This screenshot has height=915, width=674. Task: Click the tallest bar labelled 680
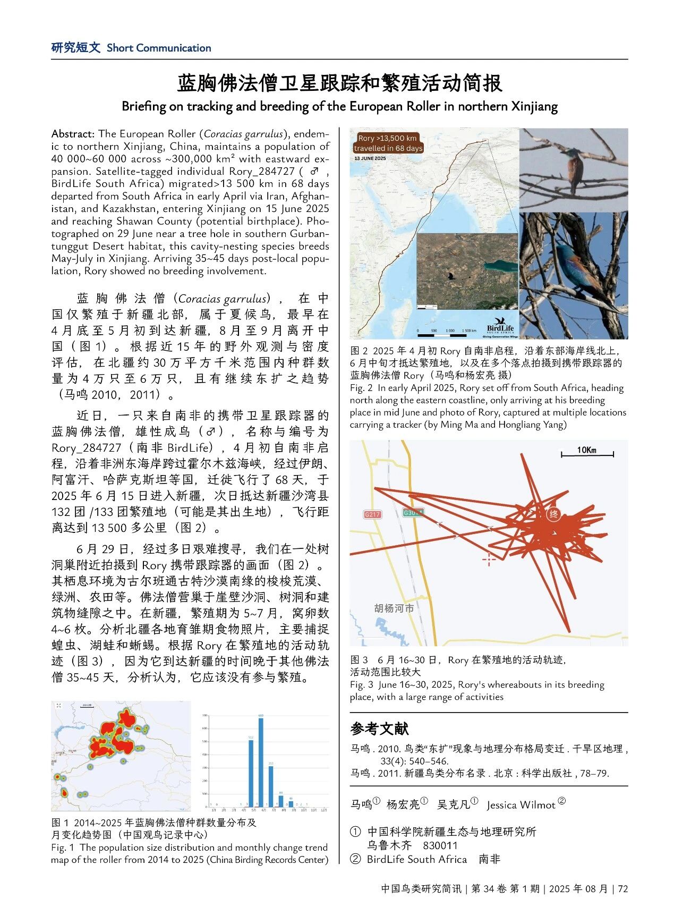(261, 761)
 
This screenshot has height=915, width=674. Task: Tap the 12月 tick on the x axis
(324, 810)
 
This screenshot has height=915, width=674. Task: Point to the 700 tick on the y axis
(205, 716)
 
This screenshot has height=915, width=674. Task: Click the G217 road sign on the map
(372, 514)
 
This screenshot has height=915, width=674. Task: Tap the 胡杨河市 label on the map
(394, 608)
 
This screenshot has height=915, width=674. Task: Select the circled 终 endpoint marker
(553, 514)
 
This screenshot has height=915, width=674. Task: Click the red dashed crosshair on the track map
(489, 558)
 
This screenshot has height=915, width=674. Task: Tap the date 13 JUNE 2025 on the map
(370, 158)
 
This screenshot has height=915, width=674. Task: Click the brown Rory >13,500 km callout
(388, 143)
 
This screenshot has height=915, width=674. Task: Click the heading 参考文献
(379, 728)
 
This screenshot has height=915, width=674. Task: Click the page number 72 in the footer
(623, 888)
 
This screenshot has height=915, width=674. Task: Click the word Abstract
(73, 134)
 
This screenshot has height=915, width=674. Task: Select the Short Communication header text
(159, 48)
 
